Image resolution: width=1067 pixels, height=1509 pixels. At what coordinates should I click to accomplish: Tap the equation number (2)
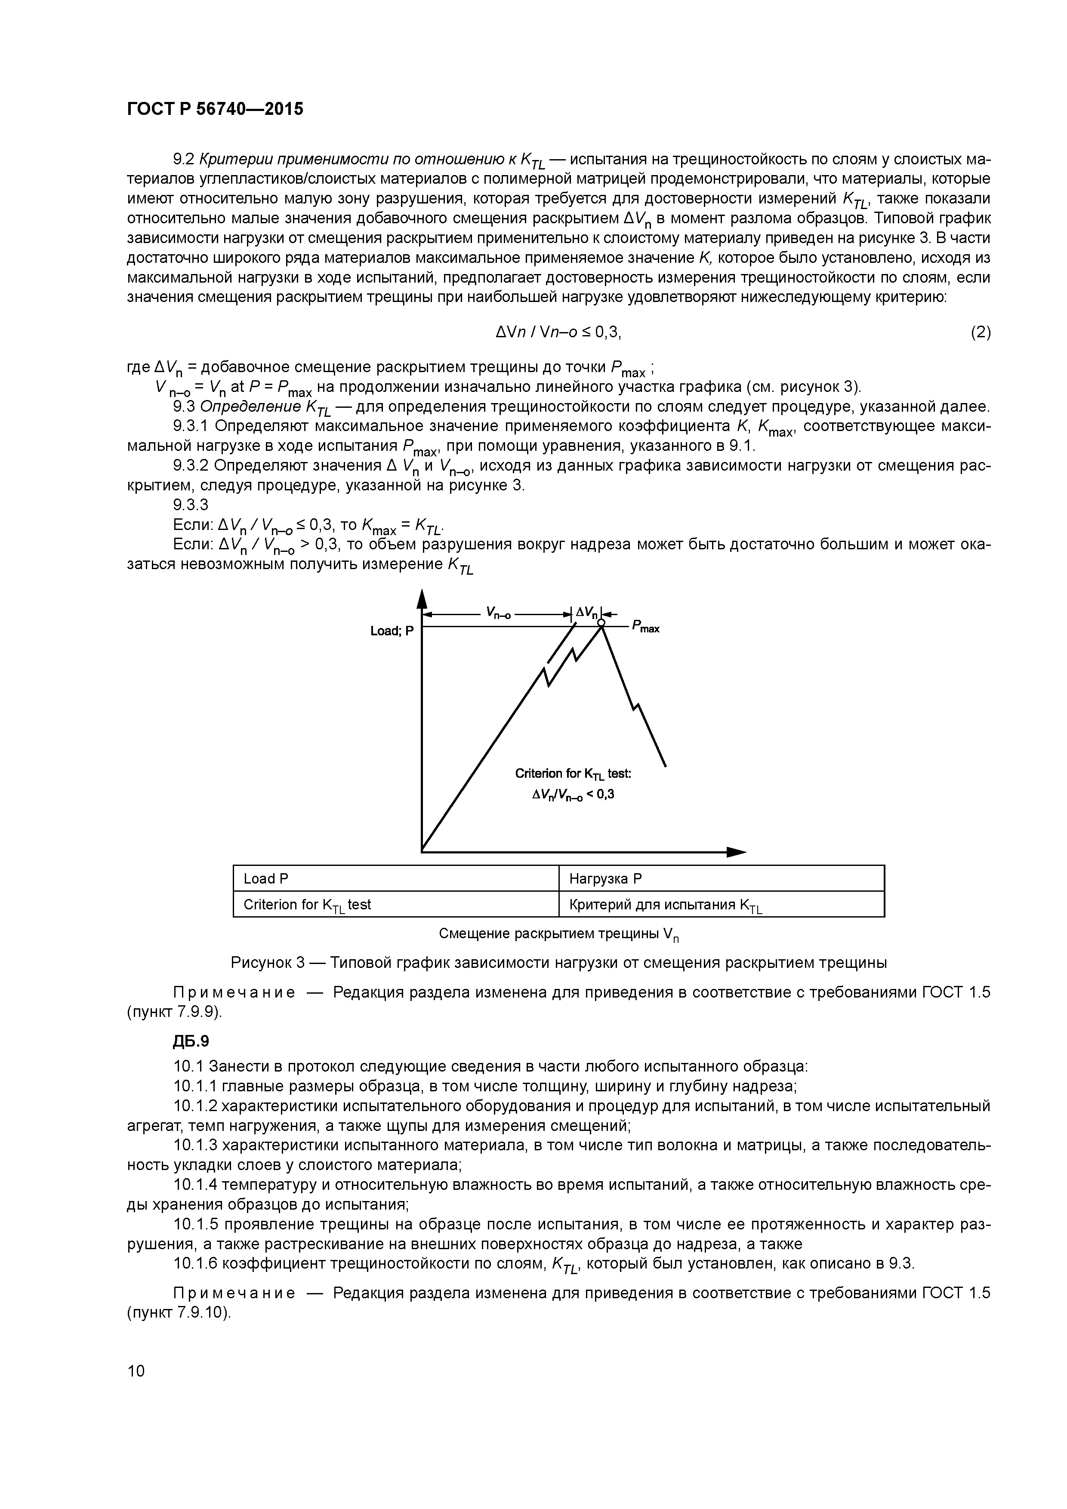(980, 333)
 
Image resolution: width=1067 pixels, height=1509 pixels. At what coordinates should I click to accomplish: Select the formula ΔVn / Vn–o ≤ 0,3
(558, 333)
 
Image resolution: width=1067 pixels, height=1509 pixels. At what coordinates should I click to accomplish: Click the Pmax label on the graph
(646, 627)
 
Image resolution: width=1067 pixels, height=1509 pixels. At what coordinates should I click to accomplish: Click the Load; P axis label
(392, 631)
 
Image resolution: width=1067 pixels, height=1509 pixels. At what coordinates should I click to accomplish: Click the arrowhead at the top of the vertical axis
(422, 598)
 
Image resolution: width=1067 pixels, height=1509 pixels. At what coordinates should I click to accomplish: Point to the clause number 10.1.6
(195, 1264)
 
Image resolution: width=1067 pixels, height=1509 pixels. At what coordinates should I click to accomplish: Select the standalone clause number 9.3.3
(191, 505)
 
